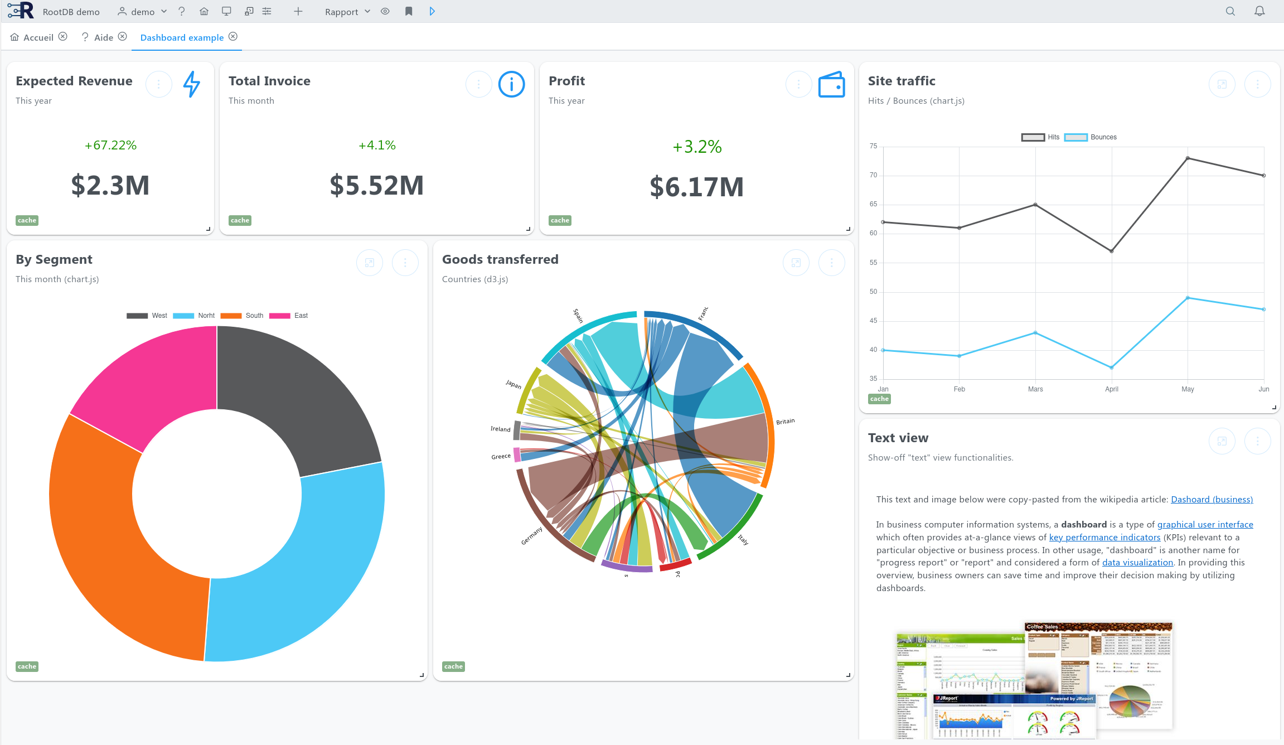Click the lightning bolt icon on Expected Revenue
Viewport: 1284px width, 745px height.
(191, 84)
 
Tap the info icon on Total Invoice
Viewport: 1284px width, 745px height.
(511, 84)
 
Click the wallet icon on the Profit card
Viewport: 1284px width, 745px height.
(831, 84)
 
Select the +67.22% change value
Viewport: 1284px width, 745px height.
(110, 146)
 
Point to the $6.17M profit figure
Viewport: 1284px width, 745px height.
(696, 187)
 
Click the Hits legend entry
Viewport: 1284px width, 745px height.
(1040, 137)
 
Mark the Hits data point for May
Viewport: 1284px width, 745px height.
(1188, 158)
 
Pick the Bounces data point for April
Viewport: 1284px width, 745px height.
(1112, 367)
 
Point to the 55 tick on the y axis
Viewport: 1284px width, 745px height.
(873, 263)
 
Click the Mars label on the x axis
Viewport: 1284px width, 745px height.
(1035, 389)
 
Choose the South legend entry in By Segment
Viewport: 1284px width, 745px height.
(242, 316)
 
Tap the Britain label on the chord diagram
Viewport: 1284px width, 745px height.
(785, 422)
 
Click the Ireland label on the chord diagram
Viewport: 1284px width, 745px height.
(500, 429)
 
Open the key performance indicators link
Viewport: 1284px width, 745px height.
(1104, 538)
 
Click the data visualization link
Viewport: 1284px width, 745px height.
(1137, 563)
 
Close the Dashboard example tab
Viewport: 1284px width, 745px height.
(233, 37)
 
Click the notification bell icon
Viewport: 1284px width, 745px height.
(1259, 11)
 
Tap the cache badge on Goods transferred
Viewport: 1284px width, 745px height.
(453, 666)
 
